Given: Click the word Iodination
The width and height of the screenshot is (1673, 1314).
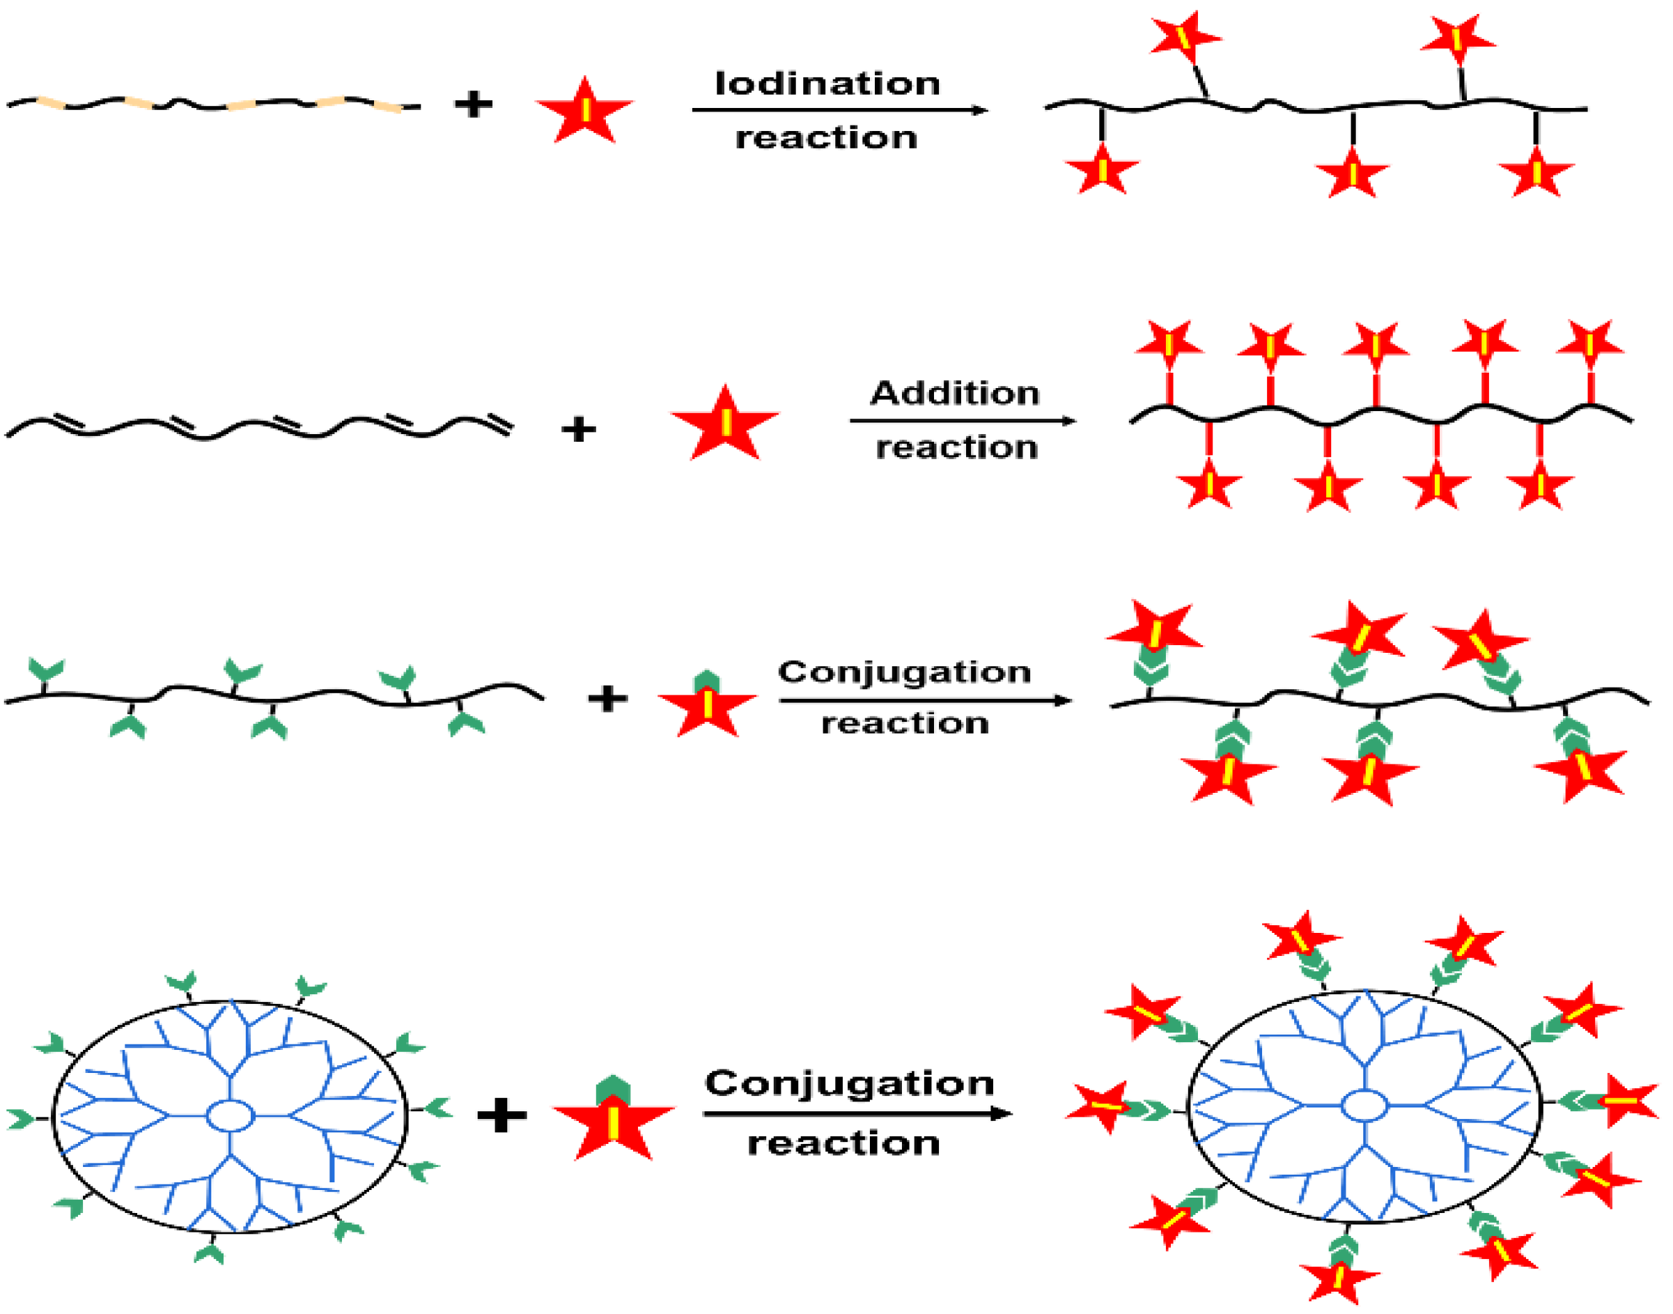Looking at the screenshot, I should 827,83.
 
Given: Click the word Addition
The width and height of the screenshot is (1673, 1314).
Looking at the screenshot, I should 955,393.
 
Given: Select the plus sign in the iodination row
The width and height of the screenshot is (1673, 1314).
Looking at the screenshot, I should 473,104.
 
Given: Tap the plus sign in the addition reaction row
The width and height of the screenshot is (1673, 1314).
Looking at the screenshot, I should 578,429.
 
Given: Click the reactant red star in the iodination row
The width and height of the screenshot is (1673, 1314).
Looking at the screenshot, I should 584,111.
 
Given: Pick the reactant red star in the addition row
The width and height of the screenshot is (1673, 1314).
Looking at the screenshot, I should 724,426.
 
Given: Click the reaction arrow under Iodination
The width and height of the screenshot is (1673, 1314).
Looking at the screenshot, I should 839,110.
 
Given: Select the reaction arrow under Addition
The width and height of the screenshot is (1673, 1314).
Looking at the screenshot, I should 961,421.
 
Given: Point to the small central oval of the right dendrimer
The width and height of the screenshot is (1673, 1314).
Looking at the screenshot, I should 1364,1106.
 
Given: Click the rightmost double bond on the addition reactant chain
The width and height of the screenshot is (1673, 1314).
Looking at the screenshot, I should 496,425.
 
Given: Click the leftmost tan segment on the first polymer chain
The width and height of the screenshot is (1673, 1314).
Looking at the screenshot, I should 51,103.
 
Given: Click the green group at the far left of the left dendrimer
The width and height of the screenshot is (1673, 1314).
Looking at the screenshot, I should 21,1119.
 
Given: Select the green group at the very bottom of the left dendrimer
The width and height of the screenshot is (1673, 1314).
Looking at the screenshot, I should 209,1253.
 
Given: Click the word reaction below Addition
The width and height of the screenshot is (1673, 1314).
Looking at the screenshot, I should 956,448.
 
